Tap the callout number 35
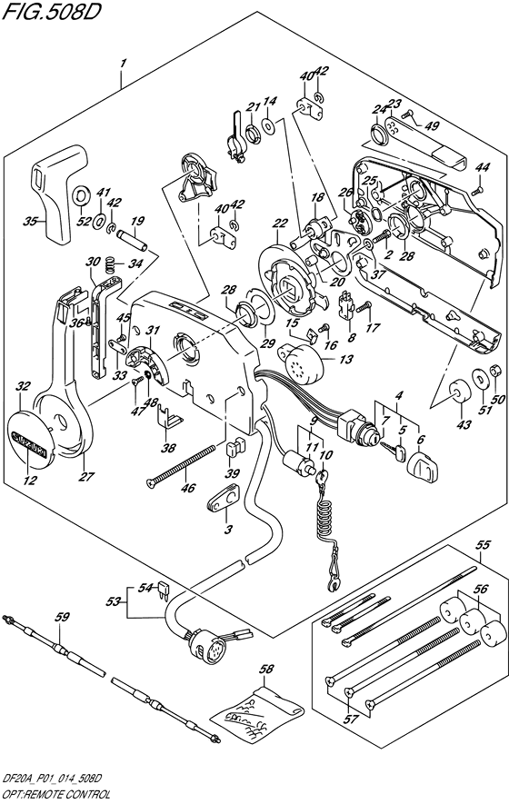[30, 222]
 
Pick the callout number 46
[187, 488]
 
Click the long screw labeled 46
[180, 464]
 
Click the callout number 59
[61, 618]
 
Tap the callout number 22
[280, 223]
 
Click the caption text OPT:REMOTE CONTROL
[57, 795]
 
